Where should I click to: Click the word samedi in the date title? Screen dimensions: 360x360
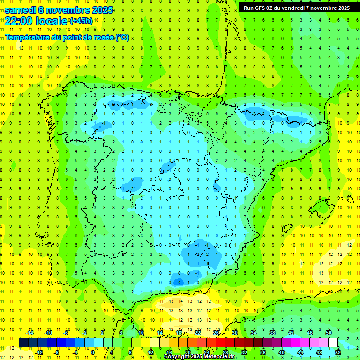click(x=20, y=9)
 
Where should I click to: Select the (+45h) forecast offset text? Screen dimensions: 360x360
click(x=81, y=21)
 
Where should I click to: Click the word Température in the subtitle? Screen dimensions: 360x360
click(x=30, y=37)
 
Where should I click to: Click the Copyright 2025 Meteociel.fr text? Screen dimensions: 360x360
click(x=200, y=357)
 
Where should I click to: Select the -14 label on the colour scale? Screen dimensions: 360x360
click(x=30, y=333)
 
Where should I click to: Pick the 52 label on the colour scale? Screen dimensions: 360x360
click(x=338, y=352)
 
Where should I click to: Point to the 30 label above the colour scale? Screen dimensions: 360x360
click(x=235, y=333)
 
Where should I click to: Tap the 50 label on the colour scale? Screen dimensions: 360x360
click(x=329, y=333)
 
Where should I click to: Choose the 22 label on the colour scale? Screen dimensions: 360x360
click(x=197, y=333)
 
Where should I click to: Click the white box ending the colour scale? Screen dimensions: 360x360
click(x=333, y=342)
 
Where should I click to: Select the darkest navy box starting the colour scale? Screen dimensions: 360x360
click(x=23, y=342)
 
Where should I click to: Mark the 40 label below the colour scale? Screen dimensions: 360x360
click(x=282, y=352)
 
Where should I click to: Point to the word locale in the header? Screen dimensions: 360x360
click(x=52, y=21)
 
